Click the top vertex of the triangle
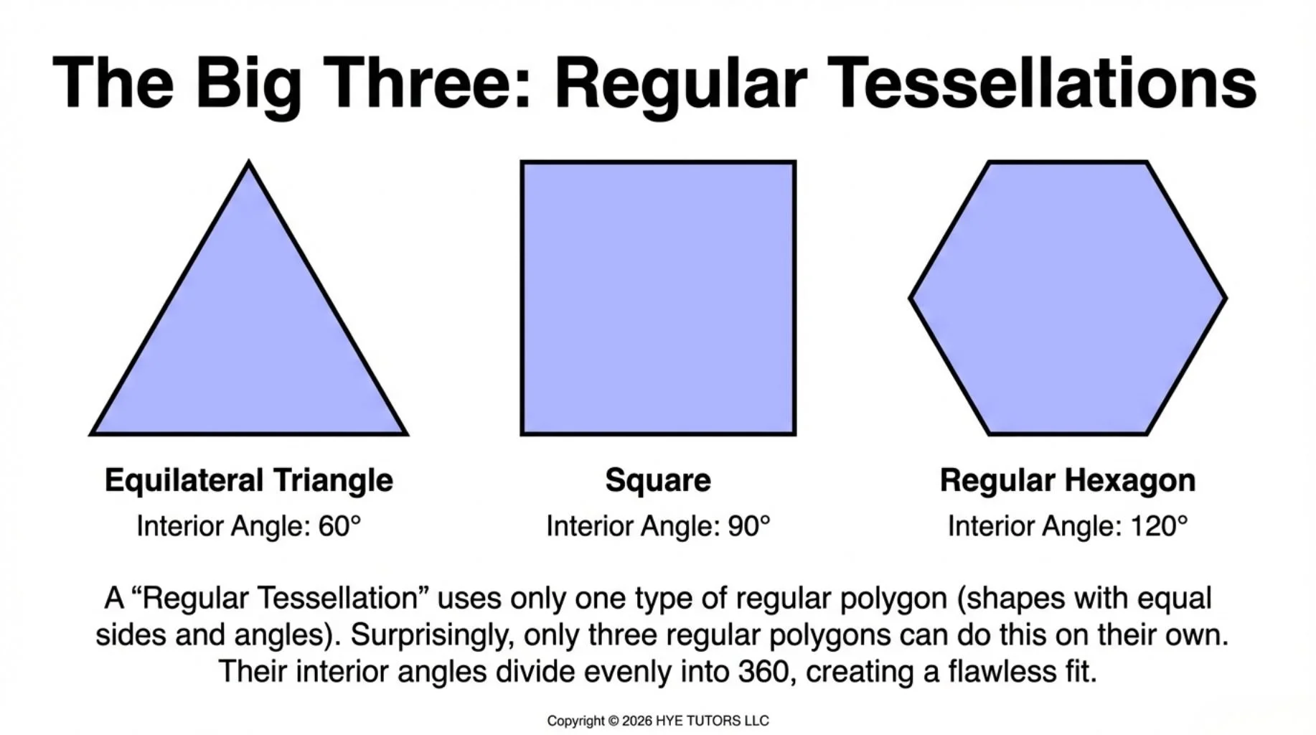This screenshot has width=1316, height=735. (249, 164)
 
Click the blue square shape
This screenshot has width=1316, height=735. (658, 298)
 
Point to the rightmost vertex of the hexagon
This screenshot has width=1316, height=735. (1225, 298)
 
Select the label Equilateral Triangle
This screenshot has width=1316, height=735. (249, 480)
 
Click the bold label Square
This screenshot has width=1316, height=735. (658, 480)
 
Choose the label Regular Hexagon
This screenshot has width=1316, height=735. (1068, 480)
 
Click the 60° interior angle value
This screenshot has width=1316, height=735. (339, 526)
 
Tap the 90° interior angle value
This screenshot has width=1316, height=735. (749, 526)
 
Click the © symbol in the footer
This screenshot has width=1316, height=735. (614, 721)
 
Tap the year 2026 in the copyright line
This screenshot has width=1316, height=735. (637, 721)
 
